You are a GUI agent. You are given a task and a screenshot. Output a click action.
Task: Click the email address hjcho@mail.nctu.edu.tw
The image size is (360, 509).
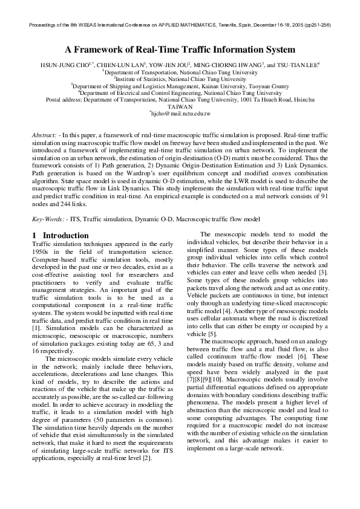(180, 113)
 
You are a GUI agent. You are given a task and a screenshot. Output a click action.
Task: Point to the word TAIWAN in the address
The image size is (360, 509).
(180, 106)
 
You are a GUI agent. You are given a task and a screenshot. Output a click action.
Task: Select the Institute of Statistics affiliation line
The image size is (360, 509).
(180, 79)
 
